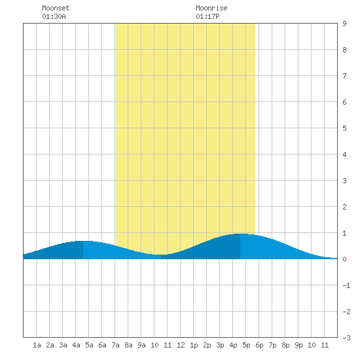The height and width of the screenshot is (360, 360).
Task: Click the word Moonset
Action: tap(56, 8)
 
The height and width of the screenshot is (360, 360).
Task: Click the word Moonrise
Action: tap(211, 8)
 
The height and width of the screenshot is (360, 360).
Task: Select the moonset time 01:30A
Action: tap(54, 16)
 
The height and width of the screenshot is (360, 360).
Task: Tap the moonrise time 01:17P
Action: tap(207, 16)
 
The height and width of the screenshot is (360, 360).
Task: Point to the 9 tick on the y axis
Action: tap(344, 24)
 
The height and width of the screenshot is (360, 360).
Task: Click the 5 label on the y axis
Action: tap(344, 128)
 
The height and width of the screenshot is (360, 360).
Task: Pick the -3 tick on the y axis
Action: tap(346, 338)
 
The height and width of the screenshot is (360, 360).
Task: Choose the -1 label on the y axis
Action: tap(346, 285)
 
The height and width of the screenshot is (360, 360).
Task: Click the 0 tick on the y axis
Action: tap(344, 259)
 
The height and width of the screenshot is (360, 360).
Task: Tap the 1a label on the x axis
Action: tap(37, 345)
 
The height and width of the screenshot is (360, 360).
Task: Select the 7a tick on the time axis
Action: tap(115, 345)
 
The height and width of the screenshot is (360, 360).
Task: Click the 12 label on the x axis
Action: tap(181, 345)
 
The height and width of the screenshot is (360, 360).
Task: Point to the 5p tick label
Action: tap(246, 345)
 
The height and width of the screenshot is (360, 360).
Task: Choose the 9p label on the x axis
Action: tap(298, 345)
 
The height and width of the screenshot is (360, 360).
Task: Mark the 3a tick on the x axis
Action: tap(63, 345)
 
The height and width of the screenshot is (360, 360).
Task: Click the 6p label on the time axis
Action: tap(259, 345)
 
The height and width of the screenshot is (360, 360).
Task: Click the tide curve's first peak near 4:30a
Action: tap(83, 241)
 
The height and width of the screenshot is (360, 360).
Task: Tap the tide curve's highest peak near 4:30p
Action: tap(240, 234)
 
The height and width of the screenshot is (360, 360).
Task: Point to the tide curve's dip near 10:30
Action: tap(161, 255)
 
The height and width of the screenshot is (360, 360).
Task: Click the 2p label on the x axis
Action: tap(207, 345)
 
